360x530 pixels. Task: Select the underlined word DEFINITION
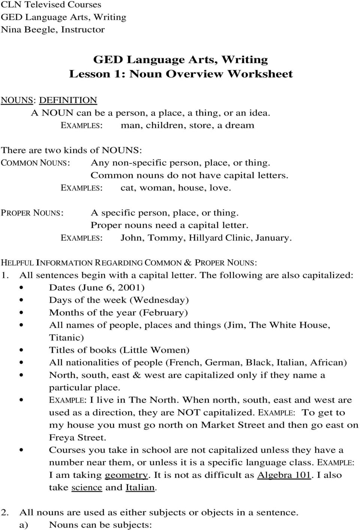68,100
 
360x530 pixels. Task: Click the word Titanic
65,338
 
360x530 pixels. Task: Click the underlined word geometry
126,475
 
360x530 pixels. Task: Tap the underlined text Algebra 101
284,475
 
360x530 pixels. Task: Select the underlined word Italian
140,488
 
